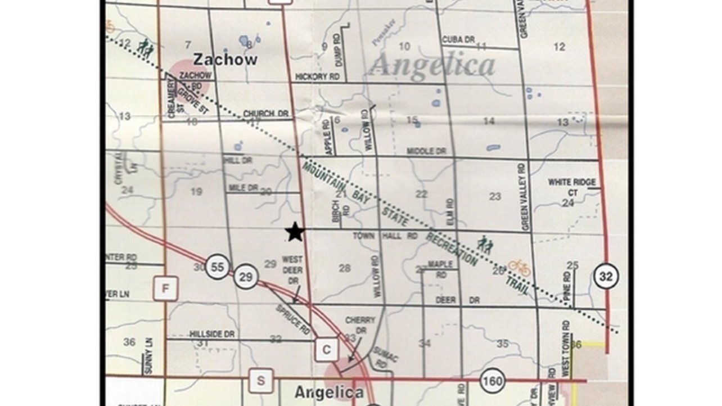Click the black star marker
tap(295, 232)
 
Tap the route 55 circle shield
tap(217, 267)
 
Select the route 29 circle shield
tap(246, 276)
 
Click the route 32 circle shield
tap(605, 276)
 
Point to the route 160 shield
tap(493, 381)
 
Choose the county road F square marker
tap(165, 289)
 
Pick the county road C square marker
tap(326, 350)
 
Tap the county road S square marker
tap(261, 381)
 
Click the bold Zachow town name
tap(225, 60)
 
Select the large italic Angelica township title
tap(432, 65)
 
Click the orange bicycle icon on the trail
tap(519, 267)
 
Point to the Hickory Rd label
tap(318, 77)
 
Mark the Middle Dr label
tap(426, 151)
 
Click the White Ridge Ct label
tap(572, 187)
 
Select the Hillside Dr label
tap(212, 334)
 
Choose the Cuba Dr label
tap(459, 40)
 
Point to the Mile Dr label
tap(243, 187)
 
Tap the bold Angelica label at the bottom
tap(329, 392)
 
